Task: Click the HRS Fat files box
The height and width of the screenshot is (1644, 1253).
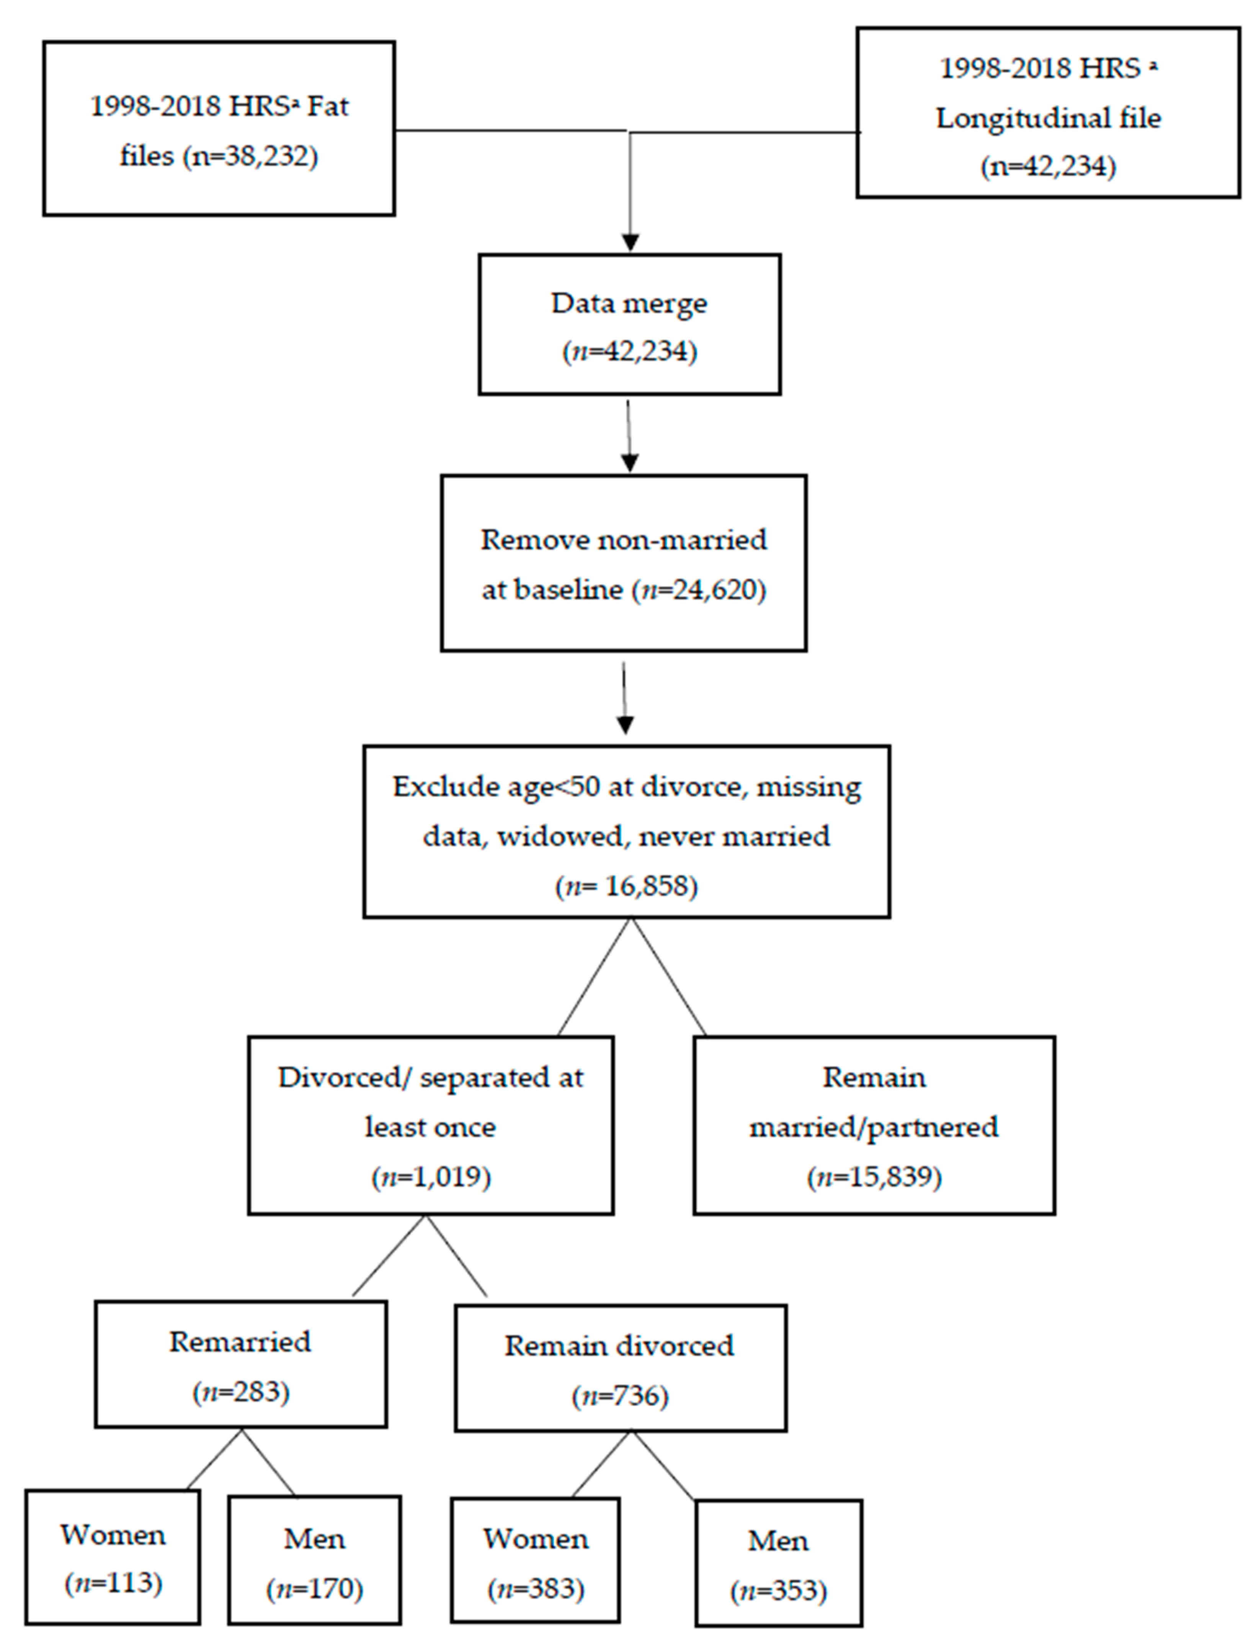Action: pos(219,128)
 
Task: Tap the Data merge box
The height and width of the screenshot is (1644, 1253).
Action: pos(629,324)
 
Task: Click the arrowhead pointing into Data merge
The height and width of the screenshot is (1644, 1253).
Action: pos(630,242)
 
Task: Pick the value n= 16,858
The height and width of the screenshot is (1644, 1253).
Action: pos(626,886)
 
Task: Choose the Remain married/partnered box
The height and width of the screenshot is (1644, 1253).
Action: pos(874,1125)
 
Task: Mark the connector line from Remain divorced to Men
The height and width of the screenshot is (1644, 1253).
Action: pos(664,1465)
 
